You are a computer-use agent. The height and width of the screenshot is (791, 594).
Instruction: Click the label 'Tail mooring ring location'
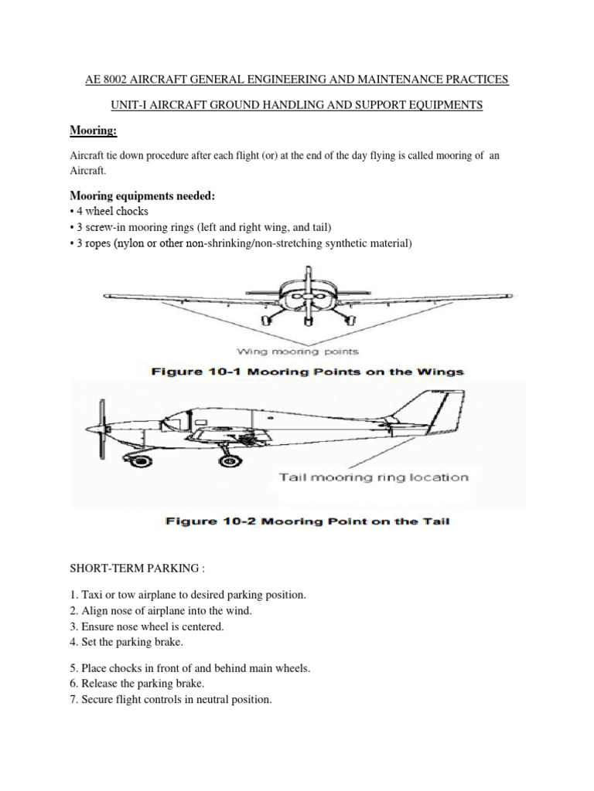pos(374,477)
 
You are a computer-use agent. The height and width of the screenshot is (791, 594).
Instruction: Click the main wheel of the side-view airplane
pos(229,460)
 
